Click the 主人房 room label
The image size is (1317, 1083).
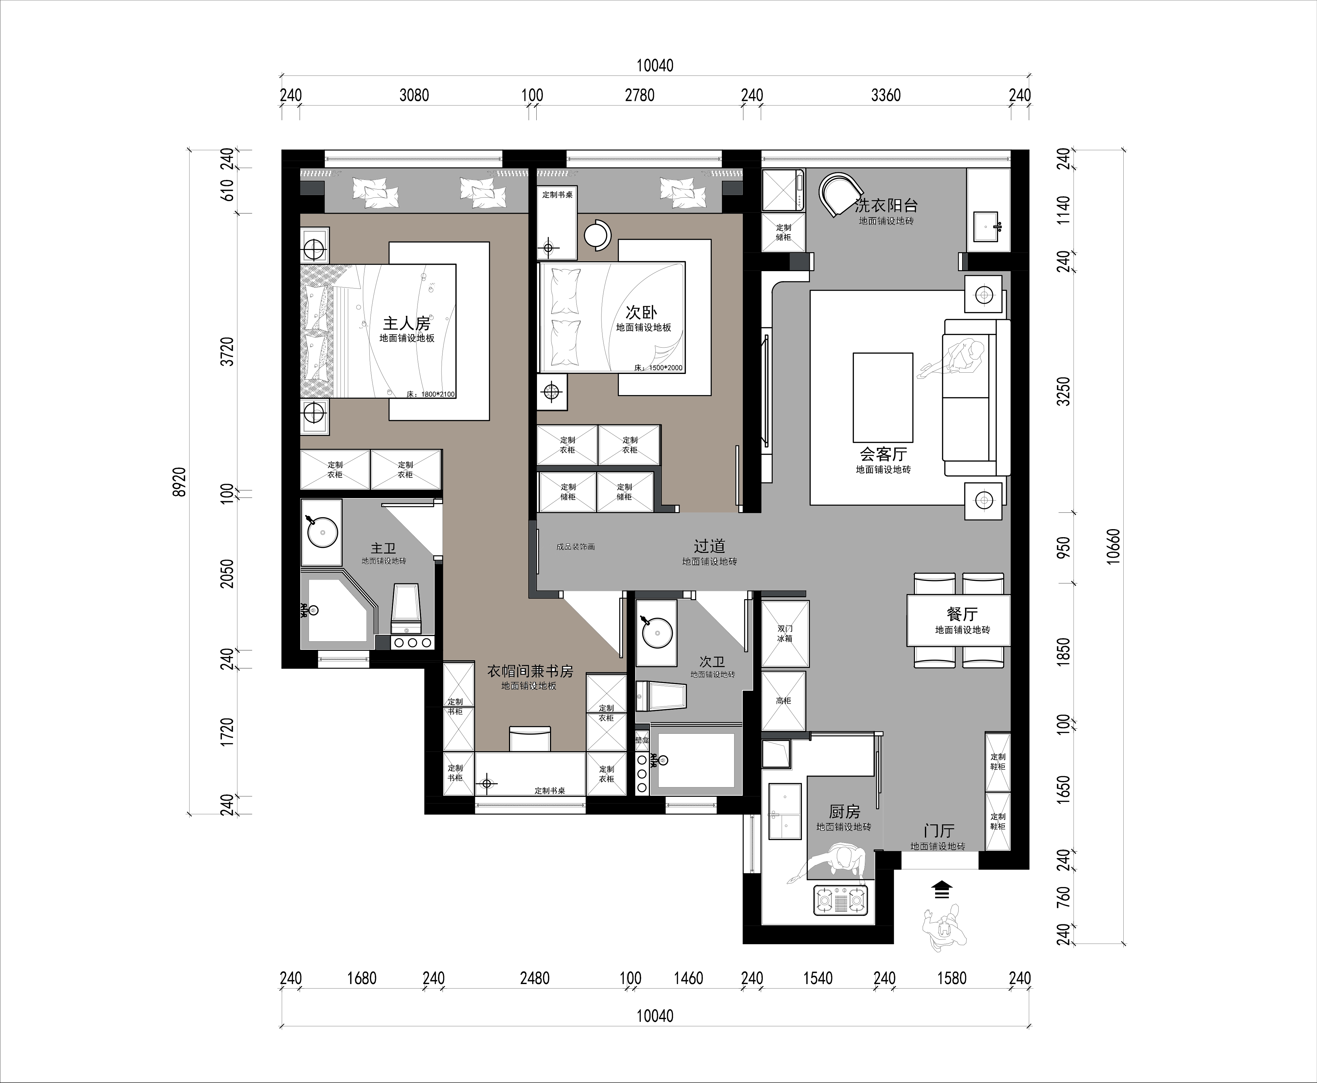(407, 323)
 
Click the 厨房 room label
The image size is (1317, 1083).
(844, 812)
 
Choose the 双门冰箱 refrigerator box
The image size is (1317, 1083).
(785, 634)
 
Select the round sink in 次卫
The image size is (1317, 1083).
(657, 634)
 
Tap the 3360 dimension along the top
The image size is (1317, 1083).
(885, 95)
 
